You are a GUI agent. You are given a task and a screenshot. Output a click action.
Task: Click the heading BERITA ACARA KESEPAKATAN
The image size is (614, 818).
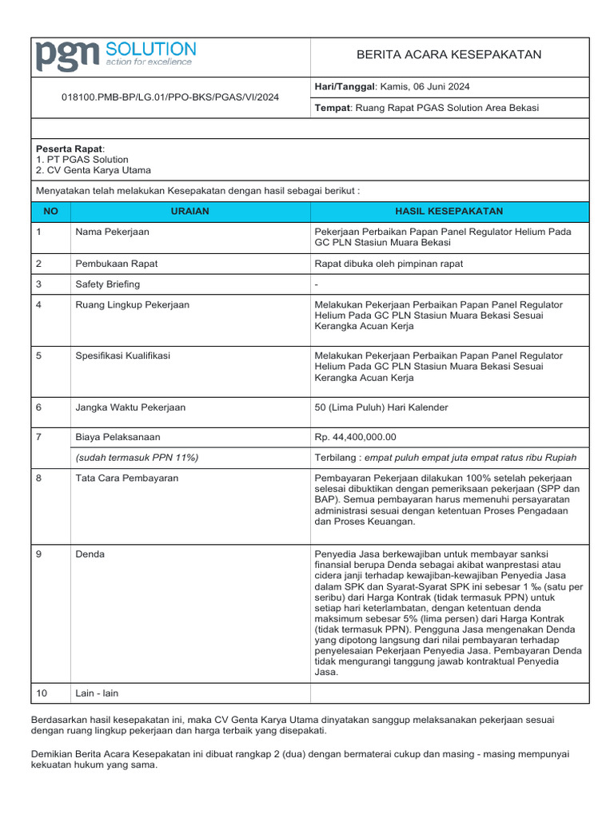pos(449,54)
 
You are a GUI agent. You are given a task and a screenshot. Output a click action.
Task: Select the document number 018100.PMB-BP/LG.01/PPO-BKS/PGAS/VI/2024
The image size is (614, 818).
pos(170,97)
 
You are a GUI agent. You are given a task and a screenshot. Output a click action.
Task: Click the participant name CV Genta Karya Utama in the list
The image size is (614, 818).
pos(98,170)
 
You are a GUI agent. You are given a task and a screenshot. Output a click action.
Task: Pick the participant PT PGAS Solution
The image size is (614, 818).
pos(87,160)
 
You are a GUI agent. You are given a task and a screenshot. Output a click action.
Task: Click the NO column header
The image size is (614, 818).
pos(50,211)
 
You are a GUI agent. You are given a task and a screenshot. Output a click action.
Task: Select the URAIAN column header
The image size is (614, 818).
pos(190,211)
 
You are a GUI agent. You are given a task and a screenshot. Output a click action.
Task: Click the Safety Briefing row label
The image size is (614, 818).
pos(107,284)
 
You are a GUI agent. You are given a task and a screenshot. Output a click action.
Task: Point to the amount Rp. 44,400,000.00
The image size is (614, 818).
pos(356,437)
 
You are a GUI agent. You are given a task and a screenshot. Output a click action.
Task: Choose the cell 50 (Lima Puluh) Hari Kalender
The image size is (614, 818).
pos(382,407)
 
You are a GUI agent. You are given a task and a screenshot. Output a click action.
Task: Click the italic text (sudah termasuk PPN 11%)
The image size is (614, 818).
pos(137,457)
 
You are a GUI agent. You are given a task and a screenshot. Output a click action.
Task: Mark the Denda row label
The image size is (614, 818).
pos(90,554)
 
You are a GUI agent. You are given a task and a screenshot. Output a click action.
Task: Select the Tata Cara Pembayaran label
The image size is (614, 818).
pos(126,478)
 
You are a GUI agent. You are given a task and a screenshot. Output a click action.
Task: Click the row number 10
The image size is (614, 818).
pos(42,693)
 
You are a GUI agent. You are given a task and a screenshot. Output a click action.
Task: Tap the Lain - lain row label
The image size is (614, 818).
pos(97,693)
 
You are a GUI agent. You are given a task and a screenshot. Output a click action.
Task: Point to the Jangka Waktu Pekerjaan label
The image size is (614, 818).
pos(130,407)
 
